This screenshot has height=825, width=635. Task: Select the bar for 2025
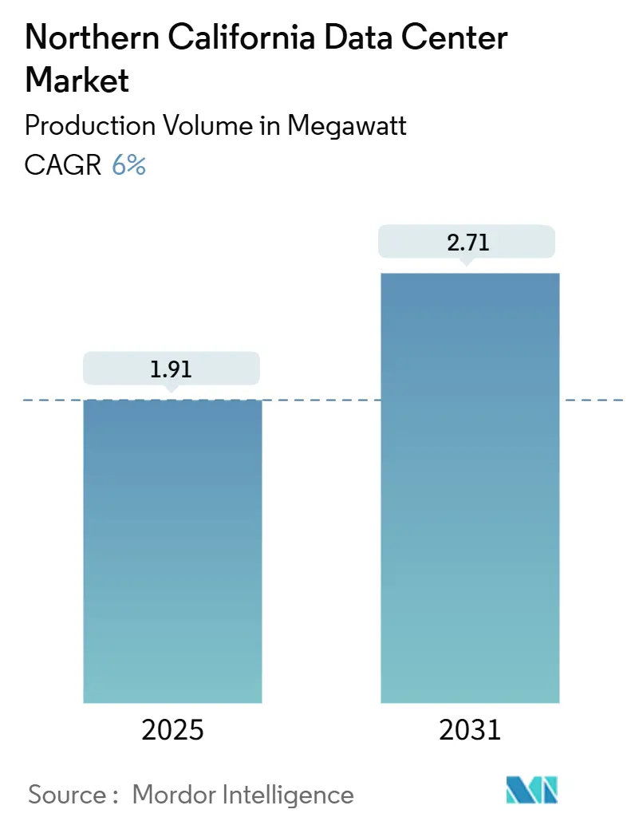(172, 551)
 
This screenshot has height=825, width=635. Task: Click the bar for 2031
(470, 487)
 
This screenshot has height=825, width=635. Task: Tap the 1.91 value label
(172, 369)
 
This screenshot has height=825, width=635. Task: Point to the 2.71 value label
(468, 243)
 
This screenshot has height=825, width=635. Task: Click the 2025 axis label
(172, 729)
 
